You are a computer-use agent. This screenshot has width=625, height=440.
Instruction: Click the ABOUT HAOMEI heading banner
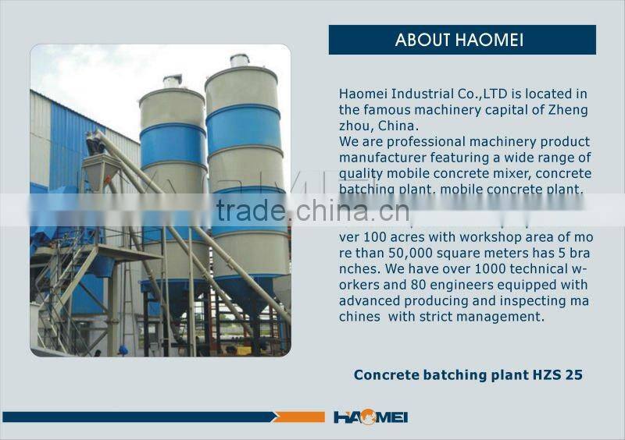(462, 40)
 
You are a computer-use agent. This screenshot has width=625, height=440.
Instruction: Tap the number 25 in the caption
(574, 375)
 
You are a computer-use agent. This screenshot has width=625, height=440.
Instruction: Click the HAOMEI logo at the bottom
(370, 417)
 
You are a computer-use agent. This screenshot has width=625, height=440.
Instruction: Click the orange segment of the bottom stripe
(301, 417)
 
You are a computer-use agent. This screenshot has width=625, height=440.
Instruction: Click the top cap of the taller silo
(239, 61)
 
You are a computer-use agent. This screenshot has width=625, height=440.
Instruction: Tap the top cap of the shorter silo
(172, 80)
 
